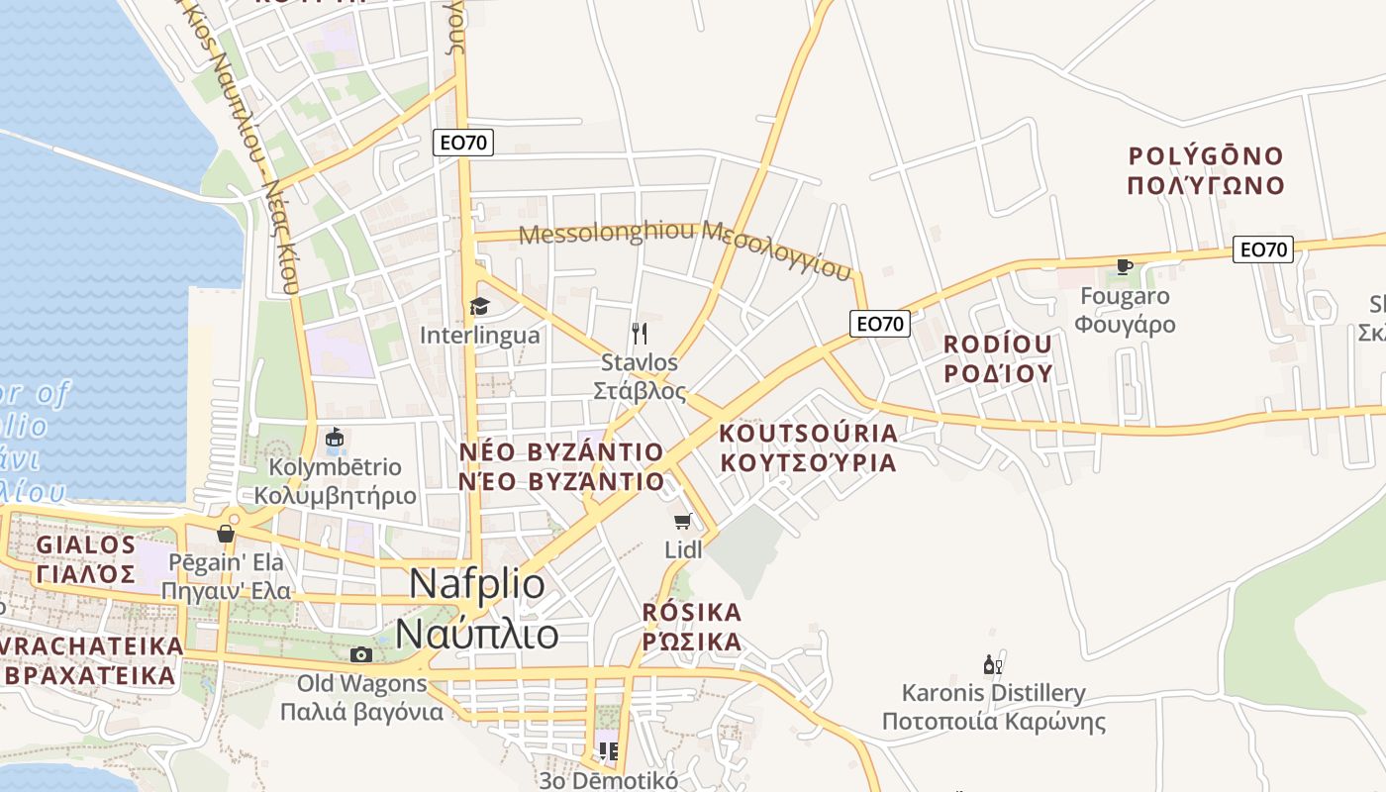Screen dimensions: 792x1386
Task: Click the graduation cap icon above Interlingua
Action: (x=479, y=306)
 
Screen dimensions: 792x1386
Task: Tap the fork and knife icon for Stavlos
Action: (x=640, y=333)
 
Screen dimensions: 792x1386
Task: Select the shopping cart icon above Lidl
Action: (x=681, y=521)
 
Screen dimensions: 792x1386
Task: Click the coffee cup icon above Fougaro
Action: (x=1124, y=265)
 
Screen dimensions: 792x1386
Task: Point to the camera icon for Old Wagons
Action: (x=361, y=654)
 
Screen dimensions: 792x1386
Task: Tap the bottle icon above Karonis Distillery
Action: (x=991, y=664)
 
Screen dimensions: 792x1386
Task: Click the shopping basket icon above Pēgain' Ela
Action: (x=226, y=535)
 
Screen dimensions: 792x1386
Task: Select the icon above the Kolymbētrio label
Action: (x=335, y=438)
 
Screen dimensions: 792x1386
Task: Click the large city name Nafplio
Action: (x=477, y=584)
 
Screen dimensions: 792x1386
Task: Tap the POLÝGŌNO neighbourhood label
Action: (x=1206, y=156)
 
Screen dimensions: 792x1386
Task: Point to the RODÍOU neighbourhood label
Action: (x=997, y=345)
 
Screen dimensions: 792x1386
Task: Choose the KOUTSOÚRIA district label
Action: (x=808, y=434)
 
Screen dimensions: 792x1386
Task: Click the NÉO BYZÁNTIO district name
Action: (x=561, y=452)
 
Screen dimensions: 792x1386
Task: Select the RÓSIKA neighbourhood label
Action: (x=691, y=611)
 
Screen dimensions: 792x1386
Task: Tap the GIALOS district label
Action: (x=86, y=545)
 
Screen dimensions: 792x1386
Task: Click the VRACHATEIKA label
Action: (x=92, y=645)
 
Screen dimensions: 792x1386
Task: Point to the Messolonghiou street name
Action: (x=606, y=234)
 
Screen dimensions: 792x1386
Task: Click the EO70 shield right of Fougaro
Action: (x=1263, y=249)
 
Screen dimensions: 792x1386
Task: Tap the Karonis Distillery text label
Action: (x=993, y=692)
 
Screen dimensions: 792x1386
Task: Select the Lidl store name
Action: (x=683, y=548)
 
